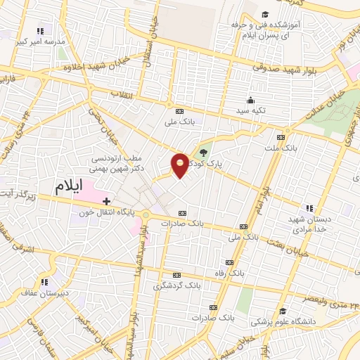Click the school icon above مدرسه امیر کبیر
[40, 31]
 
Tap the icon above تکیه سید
[251, 99]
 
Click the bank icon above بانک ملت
[281, 137]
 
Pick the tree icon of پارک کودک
[204, 152]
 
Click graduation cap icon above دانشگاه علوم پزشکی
[282, 311]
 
